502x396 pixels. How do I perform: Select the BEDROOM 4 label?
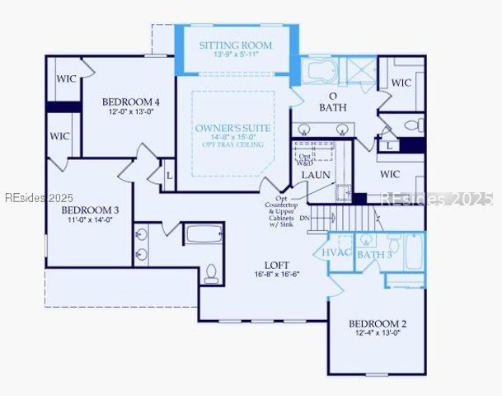[131, 101]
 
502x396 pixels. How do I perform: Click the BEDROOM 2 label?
[377, 323]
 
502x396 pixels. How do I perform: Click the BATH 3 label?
[374, 254]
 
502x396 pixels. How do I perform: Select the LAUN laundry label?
[316, 175]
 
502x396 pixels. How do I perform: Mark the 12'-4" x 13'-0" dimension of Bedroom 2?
[377, 333]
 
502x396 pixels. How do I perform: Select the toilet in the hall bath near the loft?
[211, 271]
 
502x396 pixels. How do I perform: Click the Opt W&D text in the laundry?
[305, 158]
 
